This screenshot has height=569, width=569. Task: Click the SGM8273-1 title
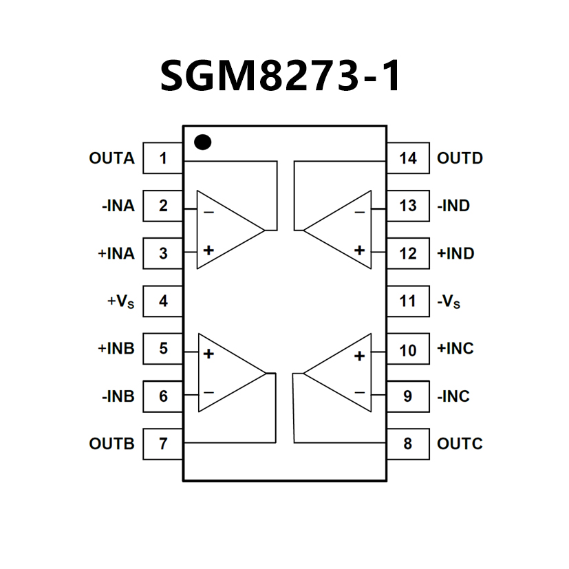(281, 75)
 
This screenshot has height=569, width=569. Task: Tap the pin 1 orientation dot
(202, 142)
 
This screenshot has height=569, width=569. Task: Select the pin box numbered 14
(407, 158)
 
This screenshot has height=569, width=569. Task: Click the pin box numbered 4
(163, 301)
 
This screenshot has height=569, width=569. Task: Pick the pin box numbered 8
(407, 444)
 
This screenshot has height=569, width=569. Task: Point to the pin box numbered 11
(407, 301)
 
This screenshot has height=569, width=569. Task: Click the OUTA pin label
(111, 158)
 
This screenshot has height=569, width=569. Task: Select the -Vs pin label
(451, 301)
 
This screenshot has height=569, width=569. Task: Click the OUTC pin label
(460, 444)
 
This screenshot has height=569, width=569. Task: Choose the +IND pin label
(455, 253)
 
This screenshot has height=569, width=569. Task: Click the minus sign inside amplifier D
(359, 212)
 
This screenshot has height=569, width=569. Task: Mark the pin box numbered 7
(163, 444)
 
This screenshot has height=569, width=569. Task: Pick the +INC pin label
(455, 349)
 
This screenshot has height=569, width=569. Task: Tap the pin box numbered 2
(163, 206)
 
